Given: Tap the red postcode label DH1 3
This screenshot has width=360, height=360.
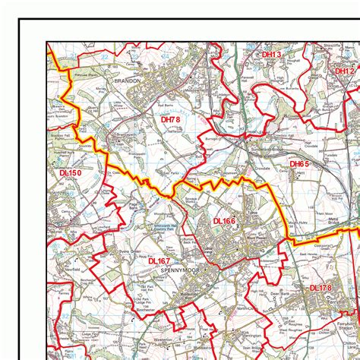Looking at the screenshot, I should point(271,55).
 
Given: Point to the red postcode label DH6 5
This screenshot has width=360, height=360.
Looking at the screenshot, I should point(299,163).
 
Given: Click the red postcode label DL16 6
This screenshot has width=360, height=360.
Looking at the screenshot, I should point(224,220).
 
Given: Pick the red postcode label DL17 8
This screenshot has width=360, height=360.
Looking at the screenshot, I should point(321,288).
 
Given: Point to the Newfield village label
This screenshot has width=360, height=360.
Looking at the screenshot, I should point(73,269).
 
